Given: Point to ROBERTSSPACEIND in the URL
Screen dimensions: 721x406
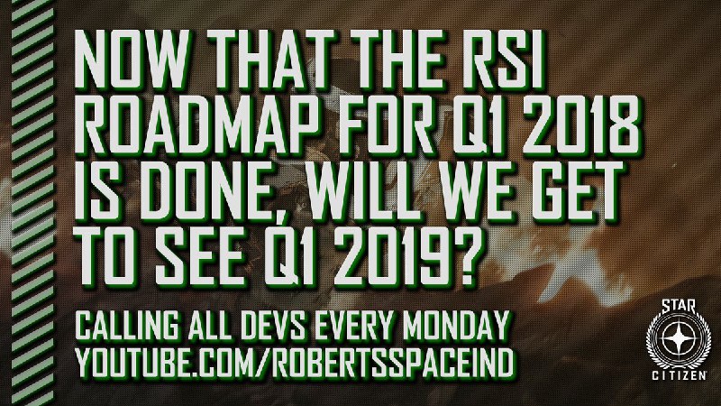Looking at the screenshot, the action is pos(392,363).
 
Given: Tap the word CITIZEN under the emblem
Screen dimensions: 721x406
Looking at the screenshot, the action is pos(680,376).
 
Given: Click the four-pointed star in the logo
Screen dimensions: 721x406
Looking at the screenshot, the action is pos(678,340).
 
